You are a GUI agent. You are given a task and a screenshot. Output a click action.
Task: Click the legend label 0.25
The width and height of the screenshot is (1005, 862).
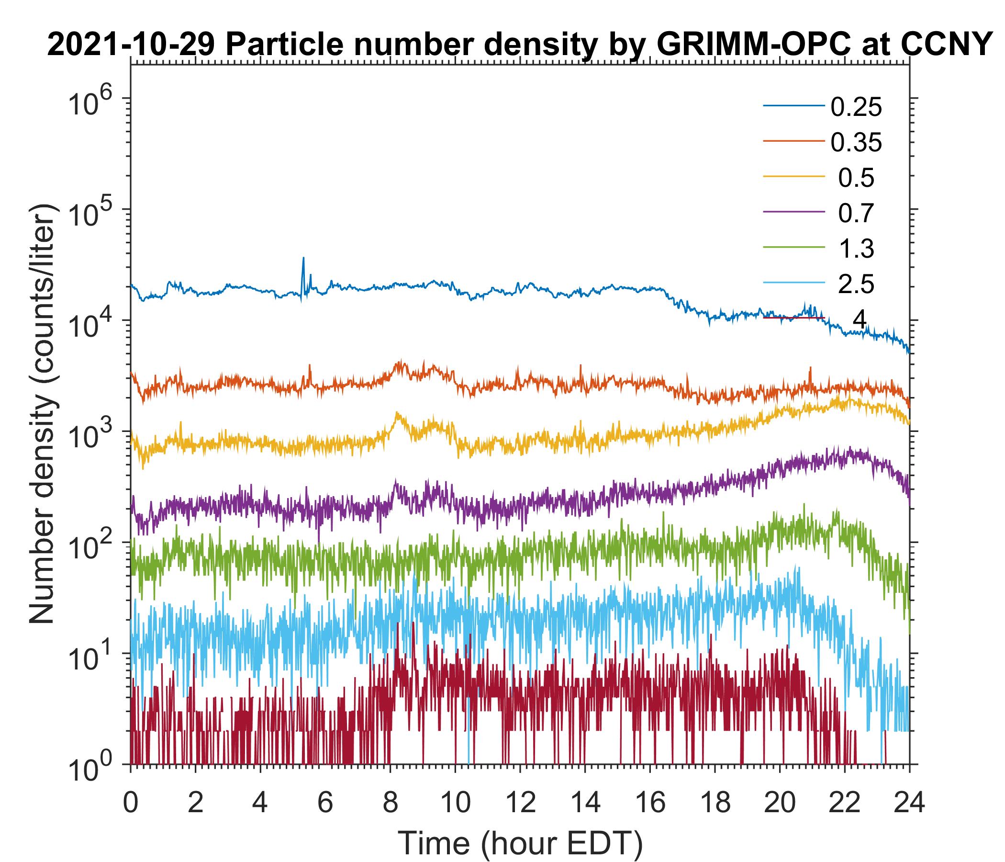pos(856,107)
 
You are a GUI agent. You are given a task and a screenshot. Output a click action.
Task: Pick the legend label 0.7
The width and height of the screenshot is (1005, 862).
pos(856,213)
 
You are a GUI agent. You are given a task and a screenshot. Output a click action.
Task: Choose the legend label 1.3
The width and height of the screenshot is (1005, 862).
pos(856,249)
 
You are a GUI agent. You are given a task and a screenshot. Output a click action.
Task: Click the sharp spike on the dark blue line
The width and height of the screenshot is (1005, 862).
pos(303,259)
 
